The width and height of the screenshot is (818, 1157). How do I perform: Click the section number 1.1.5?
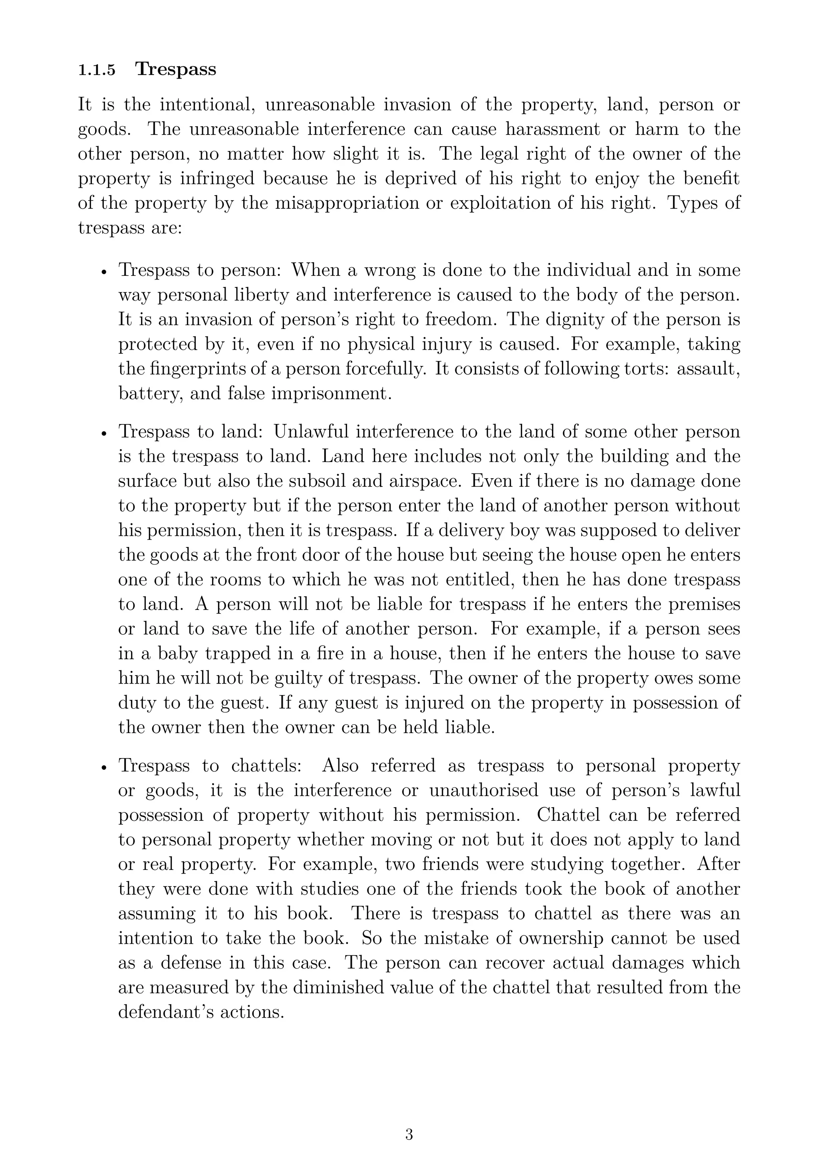pos(97,70)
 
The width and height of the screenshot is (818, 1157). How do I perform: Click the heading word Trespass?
pos(175,69)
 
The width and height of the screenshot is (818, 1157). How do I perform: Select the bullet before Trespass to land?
pos(104,433)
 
